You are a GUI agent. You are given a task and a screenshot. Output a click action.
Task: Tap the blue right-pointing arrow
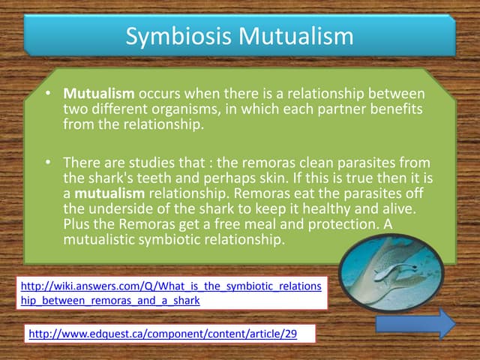(x=415, y=324)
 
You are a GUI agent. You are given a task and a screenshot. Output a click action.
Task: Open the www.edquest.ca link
(x=162, y=334)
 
